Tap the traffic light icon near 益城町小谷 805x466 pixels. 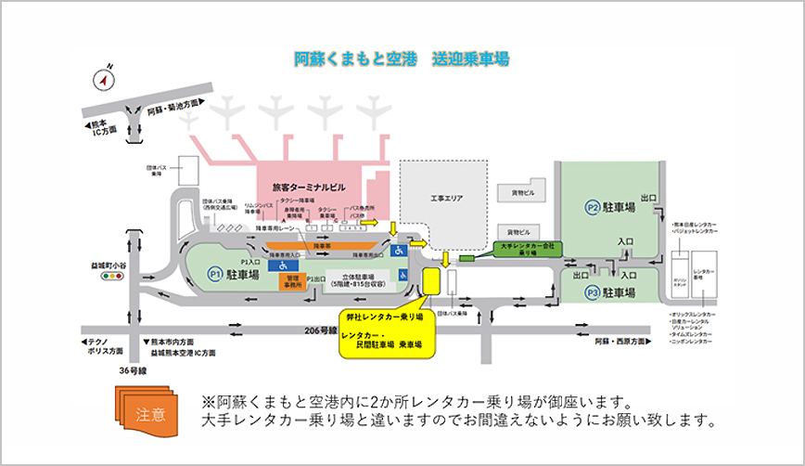click(x=113, y=276)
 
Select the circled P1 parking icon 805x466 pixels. click(x=214, y=275)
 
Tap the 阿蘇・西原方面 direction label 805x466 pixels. click(x=625, y=342)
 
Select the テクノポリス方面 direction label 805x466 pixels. click(x=102, y=347)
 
